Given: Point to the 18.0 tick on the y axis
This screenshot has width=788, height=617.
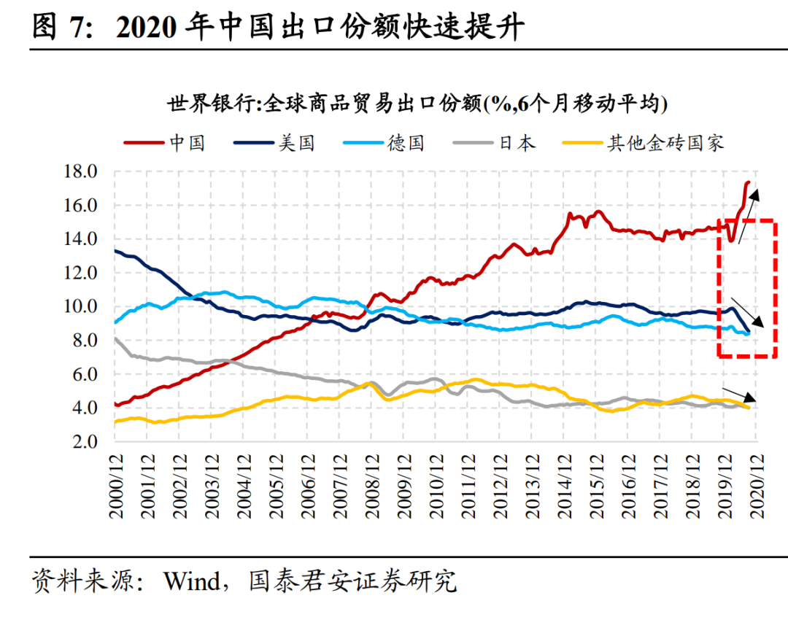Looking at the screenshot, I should [x=82, y=172].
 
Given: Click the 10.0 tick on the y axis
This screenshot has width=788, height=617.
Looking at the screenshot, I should [x=82, y=307].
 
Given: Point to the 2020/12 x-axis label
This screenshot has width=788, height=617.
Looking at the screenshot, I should [x=755, y=485].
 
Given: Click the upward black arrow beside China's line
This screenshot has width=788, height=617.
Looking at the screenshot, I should [x=748, y=215].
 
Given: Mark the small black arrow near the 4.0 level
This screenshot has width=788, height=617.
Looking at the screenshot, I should [x=739, y=394].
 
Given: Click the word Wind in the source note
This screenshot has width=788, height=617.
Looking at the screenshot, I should [x=192, y=581].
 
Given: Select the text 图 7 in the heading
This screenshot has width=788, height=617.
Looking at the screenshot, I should [x=64, y=28].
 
